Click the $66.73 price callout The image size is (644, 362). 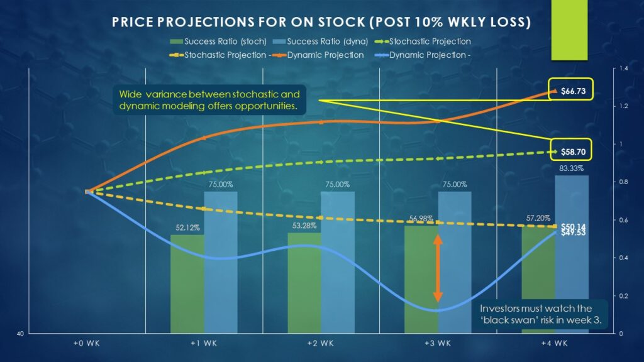(573, 91)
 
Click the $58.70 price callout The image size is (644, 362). (573, 151)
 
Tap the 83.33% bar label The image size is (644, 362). (571, 168)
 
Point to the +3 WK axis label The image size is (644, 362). (438, 343)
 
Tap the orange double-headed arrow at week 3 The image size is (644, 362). (438, 268)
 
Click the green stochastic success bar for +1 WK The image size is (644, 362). (187, 283)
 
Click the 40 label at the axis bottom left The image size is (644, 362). (21, 334)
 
